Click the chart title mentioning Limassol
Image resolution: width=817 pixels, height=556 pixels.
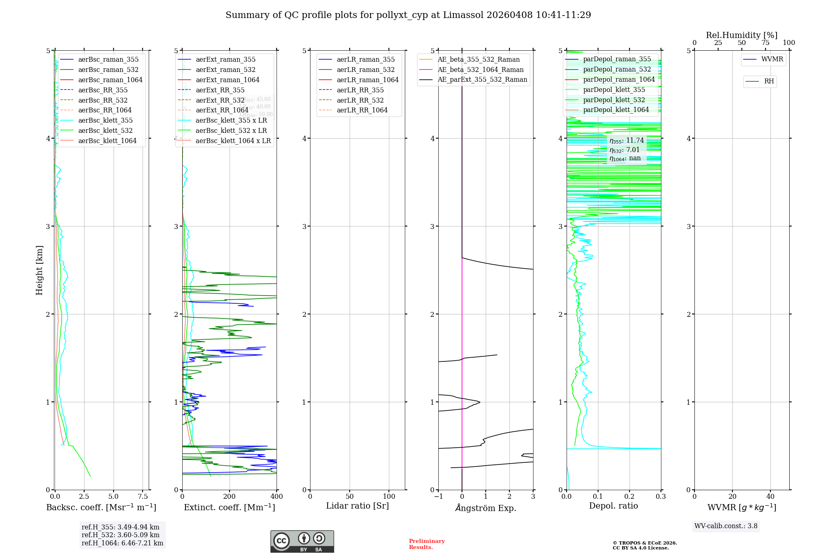tap(408, 15)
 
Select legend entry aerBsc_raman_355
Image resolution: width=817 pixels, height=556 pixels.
tap(108, 60)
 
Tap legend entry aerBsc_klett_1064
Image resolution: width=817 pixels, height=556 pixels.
tap(107, 141)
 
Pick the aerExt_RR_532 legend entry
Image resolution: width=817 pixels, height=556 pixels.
tap(220, 100)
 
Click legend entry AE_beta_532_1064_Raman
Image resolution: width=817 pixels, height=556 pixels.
tap(480, 69)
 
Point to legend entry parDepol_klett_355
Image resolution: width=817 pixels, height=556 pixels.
tap(614, 90)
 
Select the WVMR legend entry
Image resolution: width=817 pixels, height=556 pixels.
tap(772, 59)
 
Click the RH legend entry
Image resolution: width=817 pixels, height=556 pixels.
tap(768, 81)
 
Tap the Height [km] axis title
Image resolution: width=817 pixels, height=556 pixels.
tap(39, 270)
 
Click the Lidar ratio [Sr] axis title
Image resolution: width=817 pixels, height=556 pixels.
tap(357, 506)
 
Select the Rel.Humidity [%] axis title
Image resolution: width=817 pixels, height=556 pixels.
tap(741, 35)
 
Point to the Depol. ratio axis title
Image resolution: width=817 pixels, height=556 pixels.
tap(613, 506)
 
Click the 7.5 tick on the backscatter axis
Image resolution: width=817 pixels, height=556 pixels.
tap(143, 497)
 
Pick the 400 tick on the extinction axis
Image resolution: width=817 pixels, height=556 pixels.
tap(277, 497)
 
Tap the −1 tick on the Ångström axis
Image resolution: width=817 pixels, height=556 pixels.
tap(438, 497)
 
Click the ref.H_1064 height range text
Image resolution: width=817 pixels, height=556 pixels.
tap(122, 543)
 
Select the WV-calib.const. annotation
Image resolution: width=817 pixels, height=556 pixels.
tap(725, 526)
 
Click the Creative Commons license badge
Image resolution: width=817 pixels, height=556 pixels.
tap(302, 541)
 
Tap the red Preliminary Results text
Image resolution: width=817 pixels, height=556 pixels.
tap(426, 544)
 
